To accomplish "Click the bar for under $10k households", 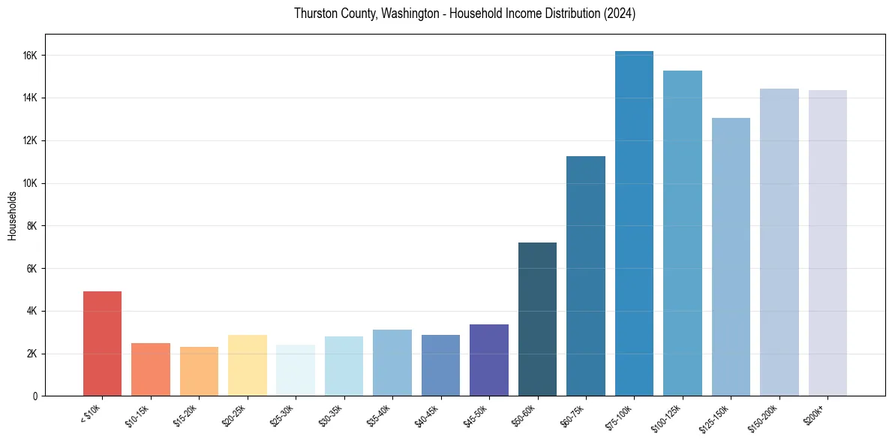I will pyautogui.click(x=102, y=343).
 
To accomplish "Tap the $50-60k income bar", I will pyautogui.click(x=537, y=319).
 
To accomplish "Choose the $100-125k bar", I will pyautogui.click(x=682, y=233).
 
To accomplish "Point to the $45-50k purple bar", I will pyautogui.click(x=488, y=360).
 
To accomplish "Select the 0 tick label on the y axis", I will pyautogui.click(x=35, y=396).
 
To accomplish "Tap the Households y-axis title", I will pyautogui.click(x=13, y=215).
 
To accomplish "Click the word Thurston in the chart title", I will pyautogui.click(x=314, y=14).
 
